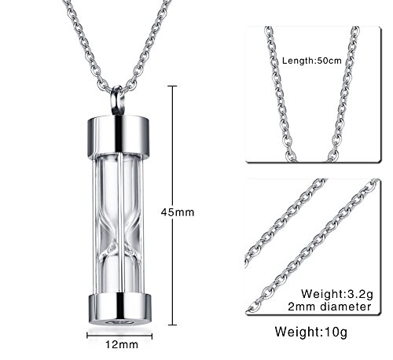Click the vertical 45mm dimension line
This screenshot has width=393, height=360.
click(173, 157)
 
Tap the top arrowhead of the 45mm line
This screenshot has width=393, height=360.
click(173, 87)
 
